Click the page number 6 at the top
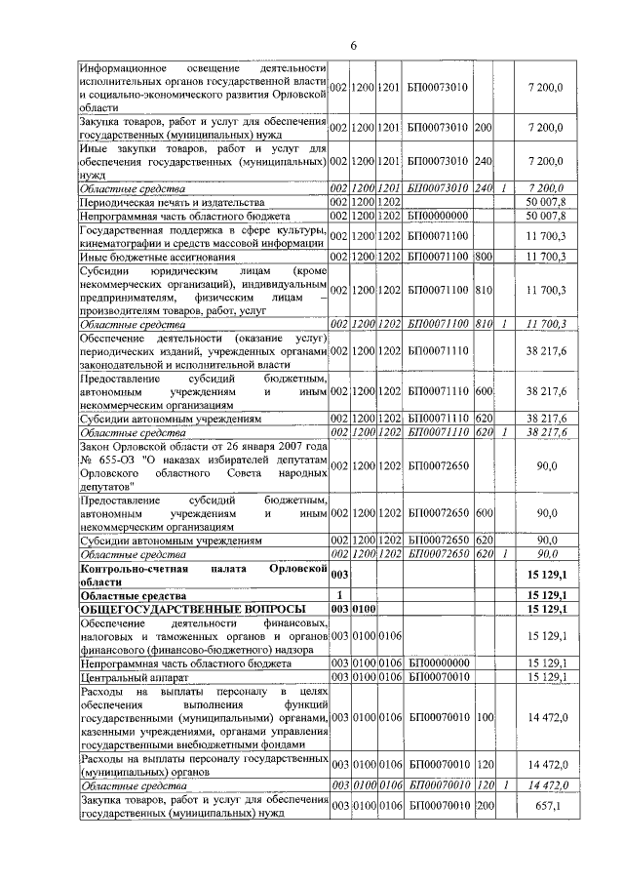pyautogui.click(x=354, y=45)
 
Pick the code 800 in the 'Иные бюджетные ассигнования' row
pyautogui.click(x=482, y=256)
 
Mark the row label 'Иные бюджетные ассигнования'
pyautogui.click(x=144, y=256)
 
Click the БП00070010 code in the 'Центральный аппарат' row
pyautogui.click(x=436, y=675)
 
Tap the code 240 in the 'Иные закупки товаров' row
pyautogui.click(x=482, y=160)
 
